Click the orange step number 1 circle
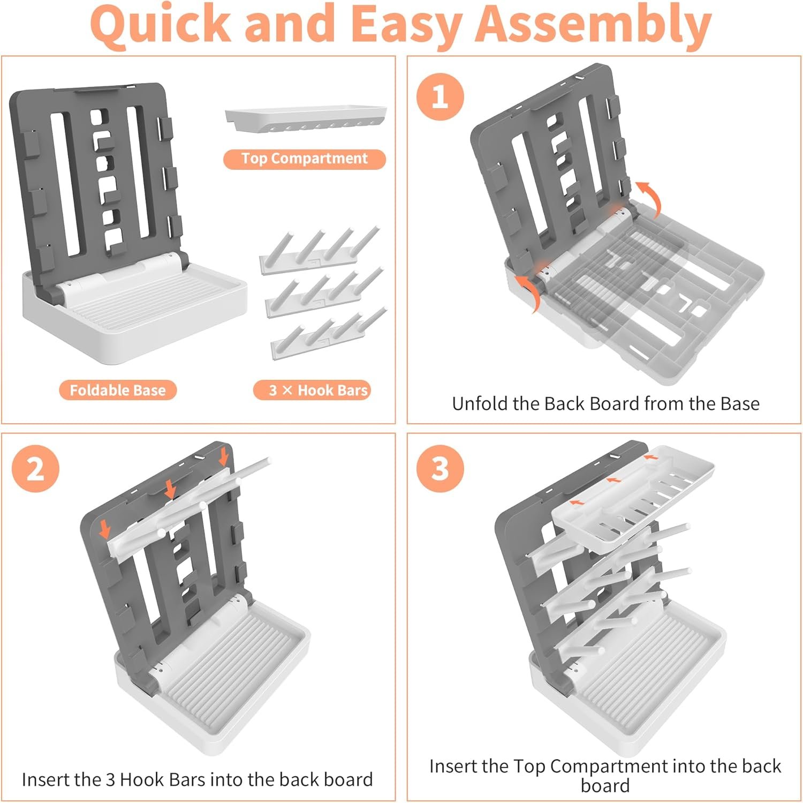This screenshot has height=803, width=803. (440, 97)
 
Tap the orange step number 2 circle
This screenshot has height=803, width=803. (35, 469)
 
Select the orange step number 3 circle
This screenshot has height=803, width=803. (440, 469)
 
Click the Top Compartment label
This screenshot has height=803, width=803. (304, 159)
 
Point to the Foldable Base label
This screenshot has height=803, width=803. (117, 390)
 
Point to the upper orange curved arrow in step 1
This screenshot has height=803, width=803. (649, 197)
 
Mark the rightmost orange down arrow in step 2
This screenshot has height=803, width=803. (224, 456)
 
